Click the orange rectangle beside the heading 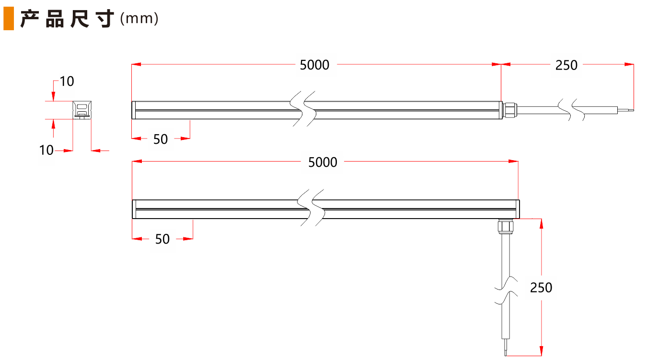click(8, 19)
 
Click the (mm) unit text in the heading click(139, 19)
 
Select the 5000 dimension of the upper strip click(314, 65)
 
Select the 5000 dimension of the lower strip click(323, 163)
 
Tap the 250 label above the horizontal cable click(566, 65)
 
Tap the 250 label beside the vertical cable click(541, 288)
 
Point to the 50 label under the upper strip click(161, 139)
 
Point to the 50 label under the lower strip click(162, 239)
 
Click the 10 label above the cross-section click(67, 82)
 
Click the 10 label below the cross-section click(46, 151)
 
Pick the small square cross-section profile click(82, 110)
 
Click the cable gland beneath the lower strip click(505, 226)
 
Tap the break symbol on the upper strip click(303, 109)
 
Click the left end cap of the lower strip click(134, 209)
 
